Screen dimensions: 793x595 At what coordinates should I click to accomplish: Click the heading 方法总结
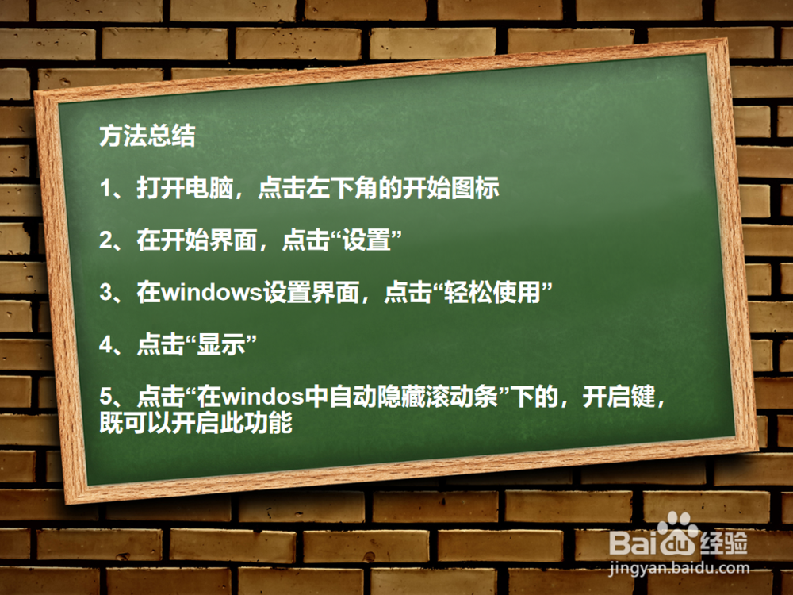(147, 136)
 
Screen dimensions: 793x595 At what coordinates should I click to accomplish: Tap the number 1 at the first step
(105, 188)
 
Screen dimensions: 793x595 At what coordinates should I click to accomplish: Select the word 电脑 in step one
(209, 188)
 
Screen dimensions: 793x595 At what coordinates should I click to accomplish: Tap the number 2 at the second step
(105, 240)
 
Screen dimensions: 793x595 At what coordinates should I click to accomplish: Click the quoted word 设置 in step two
(366, 240)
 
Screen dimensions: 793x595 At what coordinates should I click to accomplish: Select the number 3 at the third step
(105, 293)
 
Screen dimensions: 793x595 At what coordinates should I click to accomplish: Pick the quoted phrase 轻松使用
(492, 292)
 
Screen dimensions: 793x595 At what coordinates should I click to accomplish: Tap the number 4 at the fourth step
(105, 344)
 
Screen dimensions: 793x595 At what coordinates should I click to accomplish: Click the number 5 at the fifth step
(105, 396)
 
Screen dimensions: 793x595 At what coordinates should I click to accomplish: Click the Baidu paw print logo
(678, 534)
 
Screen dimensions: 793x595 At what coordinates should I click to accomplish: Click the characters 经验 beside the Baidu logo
(724, 543)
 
